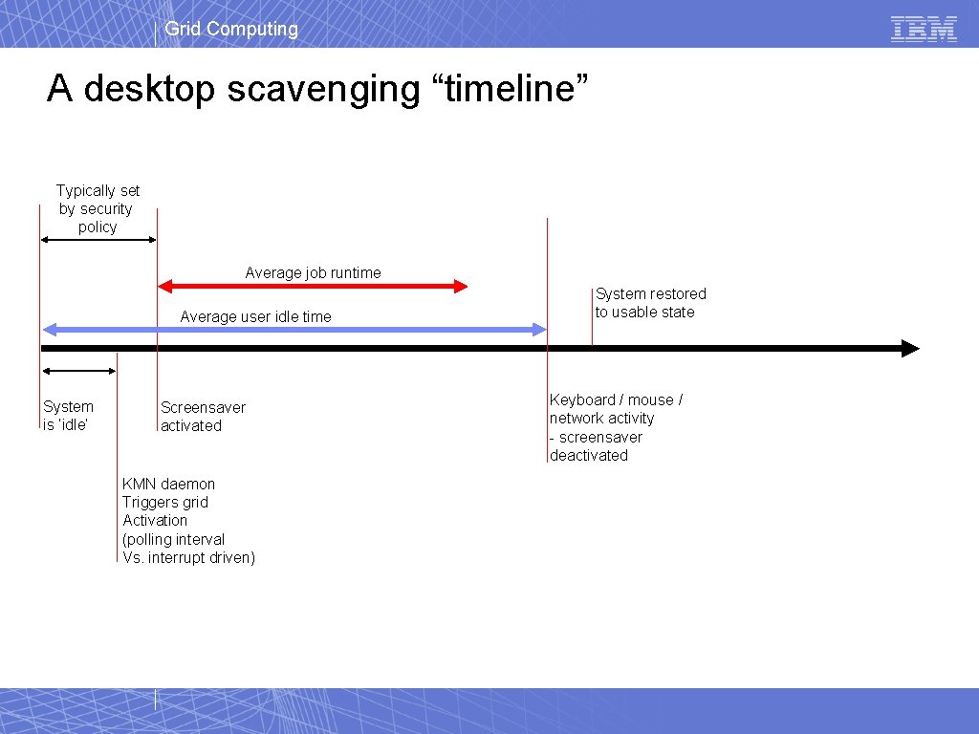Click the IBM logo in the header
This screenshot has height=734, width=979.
click(924, 29)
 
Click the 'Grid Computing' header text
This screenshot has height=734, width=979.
click(231, 29)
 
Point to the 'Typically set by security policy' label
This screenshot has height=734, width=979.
click(98, 208)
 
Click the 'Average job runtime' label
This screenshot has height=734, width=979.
click(313, 272)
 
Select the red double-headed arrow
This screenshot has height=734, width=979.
click(313, 286)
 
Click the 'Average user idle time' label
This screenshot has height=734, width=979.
click(255, 316)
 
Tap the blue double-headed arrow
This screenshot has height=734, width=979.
click(294, 330)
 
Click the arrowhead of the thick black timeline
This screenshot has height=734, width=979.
click(910, 349)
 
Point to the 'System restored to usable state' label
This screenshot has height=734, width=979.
click(650, 303)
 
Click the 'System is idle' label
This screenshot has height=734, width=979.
click(68, 416)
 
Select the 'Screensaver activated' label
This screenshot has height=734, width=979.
click(203, 417)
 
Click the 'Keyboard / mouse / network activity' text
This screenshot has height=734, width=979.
click(615, 409)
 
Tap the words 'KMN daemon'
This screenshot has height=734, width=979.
click(168, 484)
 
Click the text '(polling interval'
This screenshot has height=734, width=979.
click(173, 539)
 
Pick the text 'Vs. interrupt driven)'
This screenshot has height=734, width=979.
click(188, 557)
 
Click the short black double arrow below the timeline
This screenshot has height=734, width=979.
click(78, 370)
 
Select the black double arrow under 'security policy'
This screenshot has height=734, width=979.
click(98, 240)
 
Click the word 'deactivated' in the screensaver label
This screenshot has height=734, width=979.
click(589, 455)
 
